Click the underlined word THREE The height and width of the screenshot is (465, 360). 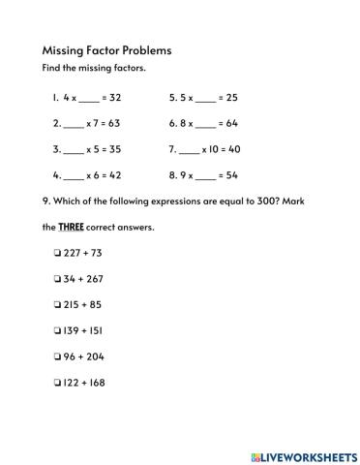tap(75, 228)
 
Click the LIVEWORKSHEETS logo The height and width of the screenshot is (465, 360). tap(299, 454)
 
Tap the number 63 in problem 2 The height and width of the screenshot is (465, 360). tap(121, 125)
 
